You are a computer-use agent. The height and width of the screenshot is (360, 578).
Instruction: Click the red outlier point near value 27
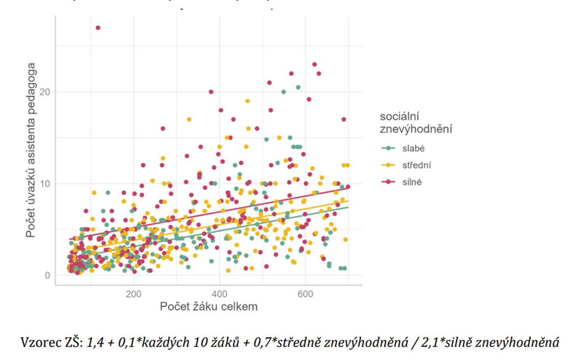click(98, 28)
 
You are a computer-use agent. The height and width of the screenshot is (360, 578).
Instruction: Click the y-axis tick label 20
click(44, 92)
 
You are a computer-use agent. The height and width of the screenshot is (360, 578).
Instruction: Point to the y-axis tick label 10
click(44, 183)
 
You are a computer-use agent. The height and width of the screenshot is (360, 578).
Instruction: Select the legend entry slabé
click(414, 148)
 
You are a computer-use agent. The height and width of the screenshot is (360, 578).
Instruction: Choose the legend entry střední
click(418, 165)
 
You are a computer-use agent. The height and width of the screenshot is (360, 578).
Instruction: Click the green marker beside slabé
click(387, 148)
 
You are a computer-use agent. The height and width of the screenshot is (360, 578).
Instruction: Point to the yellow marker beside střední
click(387, 165)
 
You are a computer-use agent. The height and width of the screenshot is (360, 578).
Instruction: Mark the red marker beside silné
click(387, 182)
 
